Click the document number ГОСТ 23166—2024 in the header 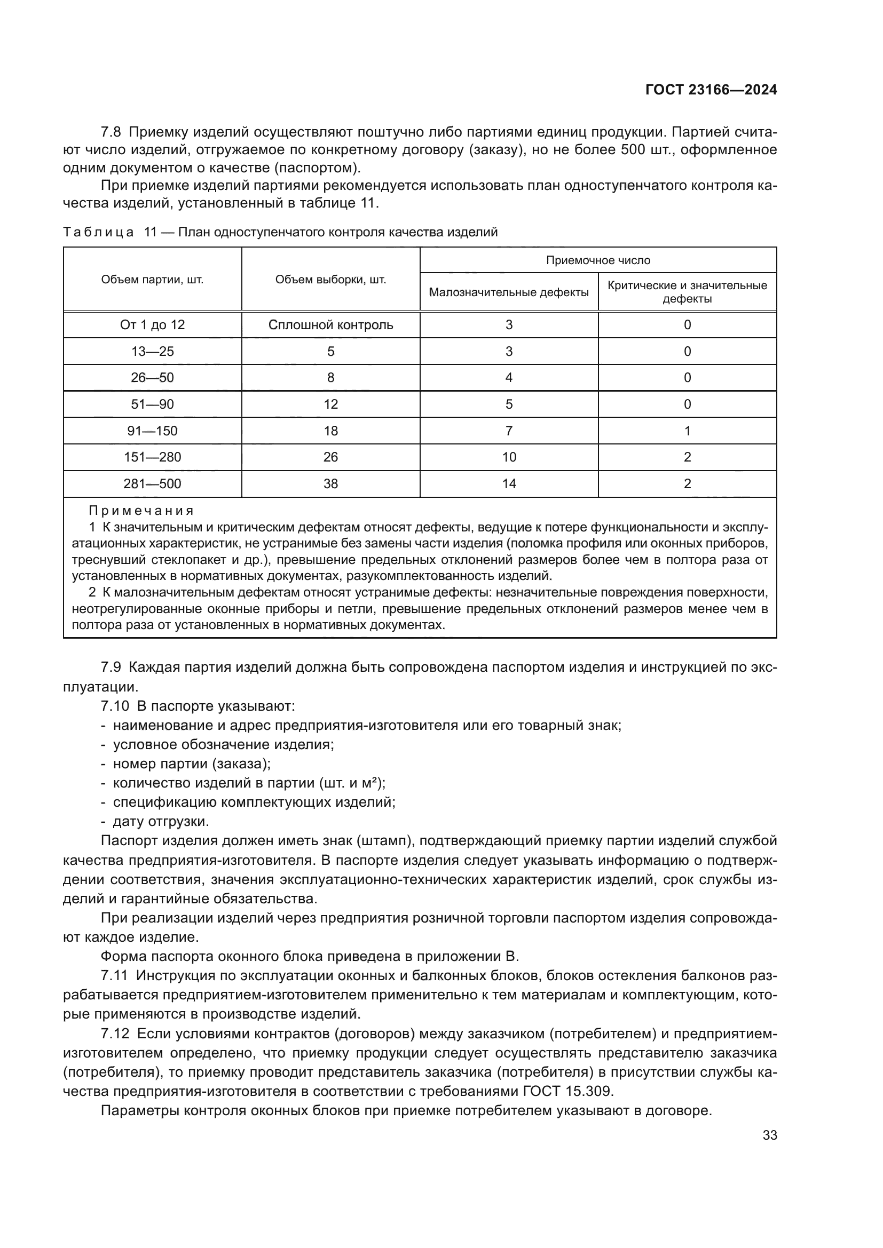click(711, 90)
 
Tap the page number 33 click(770, 1135)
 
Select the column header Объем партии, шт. click(152, 280)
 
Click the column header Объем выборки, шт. click(330, 280)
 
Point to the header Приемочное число click(598, 260)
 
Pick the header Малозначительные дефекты click(509, 292)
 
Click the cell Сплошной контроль click(330, 325)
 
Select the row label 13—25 click(152, 352)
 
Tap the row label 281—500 click(152, 484)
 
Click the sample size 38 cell click(330, 484)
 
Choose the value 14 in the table click(509, 484)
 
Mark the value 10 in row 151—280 click(509, 457)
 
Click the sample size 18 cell click(330, 431)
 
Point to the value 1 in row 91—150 click(687, 431)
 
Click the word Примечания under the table click(141, 511)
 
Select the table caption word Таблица click(98, 233)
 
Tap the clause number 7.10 click(115, 706)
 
